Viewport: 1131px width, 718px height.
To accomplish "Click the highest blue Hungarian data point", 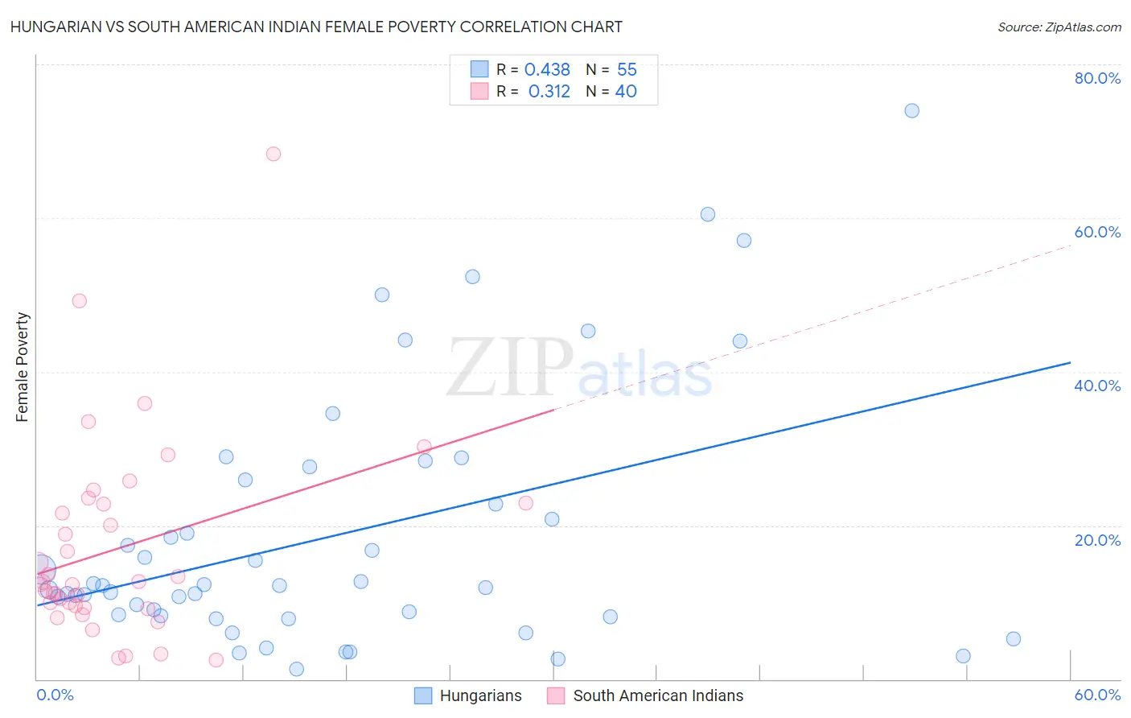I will click(911, 110).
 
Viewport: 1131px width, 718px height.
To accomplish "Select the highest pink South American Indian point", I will click(273, 154).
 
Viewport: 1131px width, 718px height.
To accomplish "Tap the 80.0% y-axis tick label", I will click(1097, 78).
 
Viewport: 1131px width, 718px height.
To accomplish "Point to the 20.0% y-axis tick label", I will click(1097, 540).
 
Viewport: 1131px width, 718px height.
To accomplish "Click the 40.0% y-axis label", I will click(1097, 386).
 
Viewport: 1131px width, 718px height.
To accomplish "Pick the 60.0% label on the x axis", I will click(1097, 695).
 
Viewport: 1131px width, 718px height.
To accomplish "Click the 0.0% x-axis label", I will click(55, 695).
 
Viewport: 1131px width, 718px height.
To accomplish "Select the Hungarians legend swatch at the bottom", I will click(423, 695).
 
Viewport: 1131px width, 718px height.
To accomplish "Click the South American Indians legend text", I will click(658, 695).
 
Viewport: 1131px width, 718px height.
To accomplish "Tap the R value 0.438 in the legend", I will click(547, 70).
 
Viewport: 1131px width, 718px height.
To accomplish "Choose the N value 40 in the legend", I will click(626, 92).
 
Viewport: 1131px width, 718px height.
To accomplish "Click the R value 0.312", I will click(549, 92).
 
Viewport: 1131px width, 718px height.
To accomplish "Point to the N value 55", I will click(627, 70).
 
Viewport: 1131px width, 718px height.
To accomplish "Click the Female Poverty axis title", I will click(23, 367).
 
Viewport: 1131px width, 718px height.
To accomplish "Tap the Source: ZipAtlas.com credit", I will click(1059, 27).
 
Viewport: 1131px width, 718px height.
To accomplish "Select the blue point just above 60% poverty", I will click(708, 214).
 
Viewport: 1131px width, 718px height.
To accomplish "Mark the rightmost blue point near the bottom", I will click(1014, 639).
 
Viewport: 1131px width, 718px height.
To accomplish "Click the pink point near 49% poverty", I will click(79, 301).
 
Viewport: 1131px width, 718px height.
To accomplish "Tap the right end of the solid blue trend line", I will click(1070, 363).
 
